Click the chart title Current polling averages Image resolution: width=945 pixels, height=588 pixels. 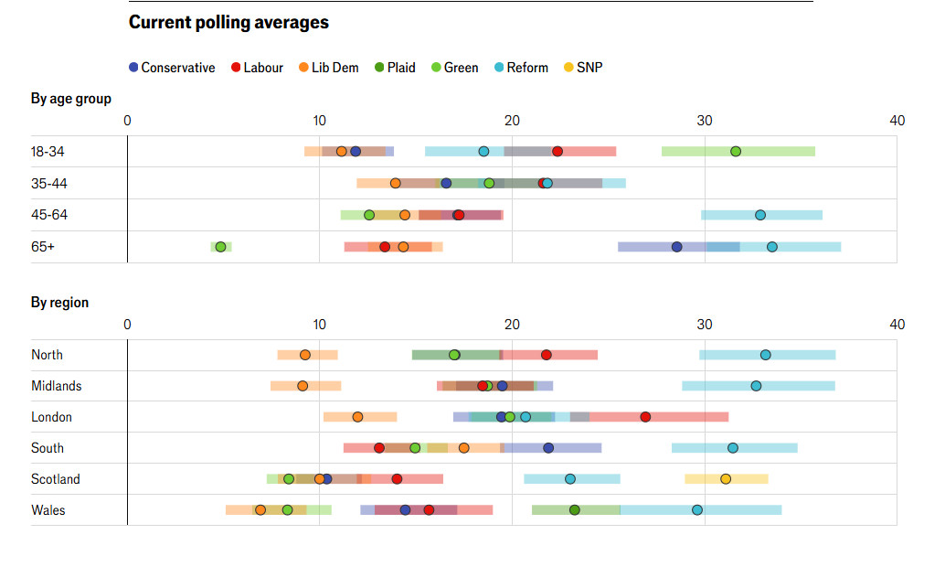click(228, 22)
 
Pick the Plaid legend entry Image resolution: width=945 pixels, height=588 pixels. click(394, 68)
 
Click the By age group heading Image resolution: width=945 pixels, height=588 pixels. click(71, 99)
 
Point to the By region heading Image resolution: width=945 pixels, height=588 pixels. click(60, 303)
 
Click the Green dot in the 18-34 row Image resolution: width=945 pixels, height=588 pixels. click(736, 152)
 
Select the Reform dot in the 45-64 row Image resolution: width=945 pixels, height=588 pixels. click(760, 215)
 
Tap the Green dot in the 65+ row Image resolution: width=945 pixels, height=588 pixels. click(220, 247)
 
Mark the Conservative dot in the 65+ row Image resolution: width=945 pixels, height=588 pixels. click(677, 247)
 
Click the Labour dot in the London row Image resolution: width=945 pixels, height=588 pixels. click(645, 417)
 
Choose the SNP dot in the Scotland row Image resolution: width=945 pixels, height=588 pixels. click(726, 479)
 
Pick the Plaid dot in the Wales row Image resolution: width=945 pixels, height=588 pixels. click(574, 510)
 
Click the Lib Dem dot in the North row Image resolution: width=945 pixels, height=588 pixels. click(305, 355)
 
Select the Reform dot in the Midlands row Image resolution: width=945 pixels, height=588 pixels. click(756, 386)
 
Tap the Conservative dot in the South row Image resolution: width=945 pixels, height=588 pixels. click(548, 448)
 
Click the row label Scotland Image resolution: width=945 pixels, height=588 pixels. click(56, 479)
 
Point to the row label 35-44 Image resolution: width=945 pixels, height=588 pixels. click(49, 184)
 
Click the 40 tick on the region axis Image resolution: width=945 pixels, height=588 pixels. click(897, 325)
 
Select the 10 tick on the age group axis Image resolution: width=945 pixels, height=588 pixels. click(319, 121)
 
